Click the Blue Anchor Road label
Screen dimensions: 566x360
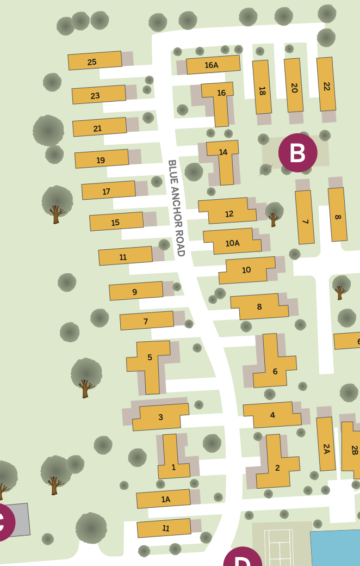[176, 208]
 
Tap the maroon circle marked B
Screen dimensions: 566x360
[297, 153]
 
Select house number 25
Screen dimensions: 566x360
[95, 61]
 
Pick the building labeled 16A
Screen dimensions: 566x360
[213, 65]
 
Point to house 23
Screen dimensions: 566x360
[98, 95]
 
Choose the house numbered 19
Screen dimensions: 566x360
[101, 159]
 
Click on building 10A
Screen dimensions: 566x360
[232, 242]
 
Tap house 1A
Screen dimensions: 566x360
[163, 499]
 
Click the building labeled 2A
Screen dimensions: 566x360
[326, 444]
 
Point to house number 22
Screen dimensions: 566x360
[326, 84]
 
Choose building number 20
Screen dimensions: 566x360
[294, 85]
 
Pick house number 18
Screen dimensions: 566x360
[262, 87]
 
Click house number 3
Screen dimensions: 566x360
[160, 417]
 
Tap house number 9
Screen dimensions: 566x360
[136, 291]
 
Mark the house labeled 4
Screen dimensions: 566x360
[272, 415]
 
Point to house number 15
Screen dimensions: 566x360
[116, 222]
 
